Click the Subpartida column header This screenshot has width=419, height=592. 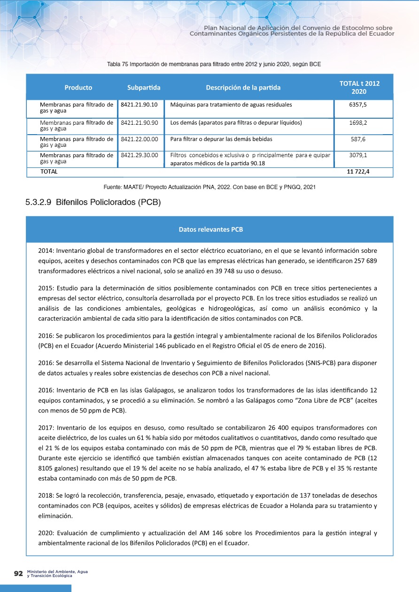144,87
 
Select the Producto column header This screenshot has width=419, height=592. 78,87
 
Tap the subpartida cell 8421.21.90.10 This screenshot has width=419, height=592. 139,105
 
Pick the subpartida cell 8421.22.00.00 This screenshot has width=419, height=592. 139,139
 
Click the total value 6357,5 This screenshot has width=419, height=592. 358,105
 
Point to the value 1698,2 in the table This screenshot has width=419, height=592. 358,123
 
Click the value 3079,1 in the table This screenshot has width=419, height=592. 358,154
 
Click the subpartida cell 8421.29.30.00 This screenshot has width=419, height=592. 139,154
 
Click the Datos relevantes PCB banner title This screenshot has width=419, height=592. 210,230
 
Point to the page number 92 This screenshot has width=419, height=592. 19,574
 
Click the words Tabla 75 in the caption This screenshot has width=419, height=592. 117,64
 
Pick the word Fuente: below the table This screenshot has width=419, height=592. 113,187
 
